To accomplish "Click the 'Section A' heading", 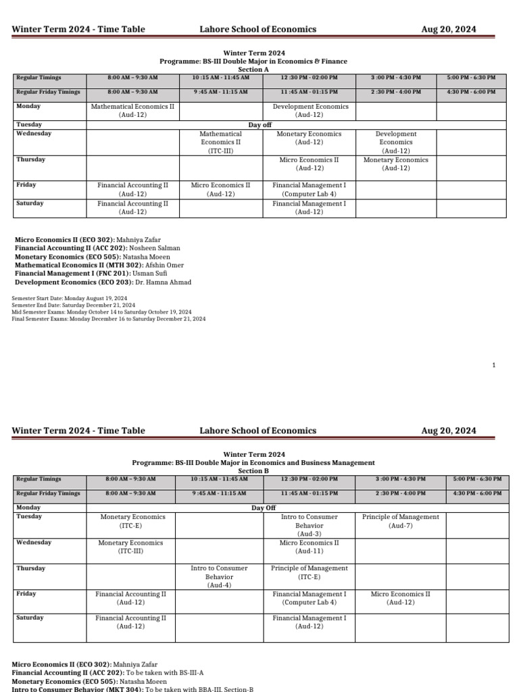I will (x=253, y=70).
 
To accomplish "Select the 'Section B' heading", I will (x=253, y=471).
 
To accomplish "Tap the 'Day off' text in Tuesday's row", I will (x=260, y=125).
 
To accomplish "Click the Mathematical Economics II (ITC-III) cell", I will (x=220, y=143).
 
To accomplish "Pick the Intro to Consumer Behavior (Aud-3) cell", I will (x=309, y=525).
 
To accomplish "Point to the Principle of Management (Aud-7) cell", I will (x=400, y=521).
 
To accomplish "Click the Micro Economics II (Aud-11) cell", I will (x=309, y=547).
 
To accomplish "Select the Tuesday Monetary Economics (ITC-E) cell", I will (x=130, y=521).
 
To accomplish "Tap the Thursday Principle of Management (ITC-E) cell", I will (x=309, y=572).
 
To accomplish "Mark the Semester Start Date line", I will (x=70, y=298).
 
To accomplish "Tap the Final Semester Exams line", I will (x=109, y=319).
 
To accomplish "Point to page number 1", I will (x=494, y=366).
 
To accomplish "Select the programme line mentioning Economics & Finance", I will (x=253, y=61).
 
